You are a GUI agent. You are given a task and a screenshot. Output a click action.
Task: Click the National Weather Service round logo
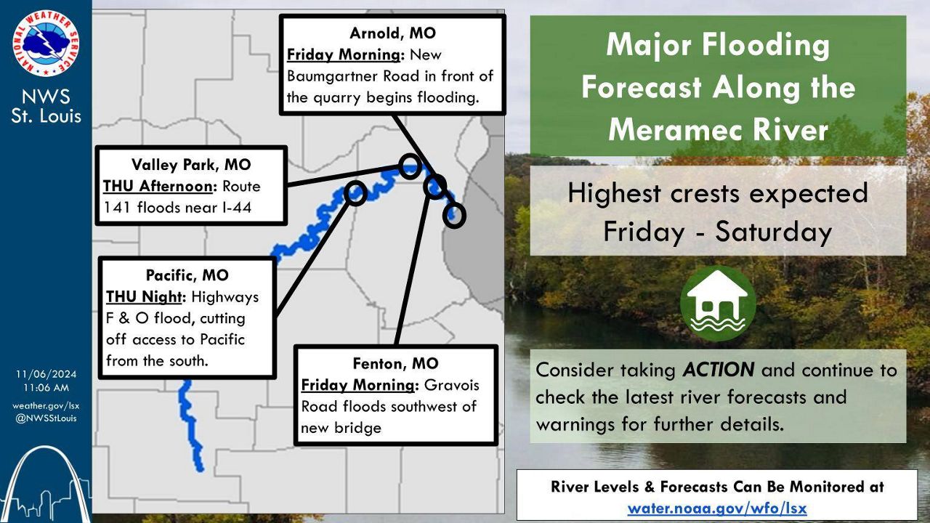click(x=46, y=46)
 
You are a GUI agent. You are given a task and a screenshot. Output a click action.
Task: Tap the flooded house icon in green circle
click(x=718, y=303)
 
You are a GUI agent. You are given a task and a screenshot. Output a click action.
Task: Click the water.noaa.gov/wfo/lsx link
click(x=716, y=508)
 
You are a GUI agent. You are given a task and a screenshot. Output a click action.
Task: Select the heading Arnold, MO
click(x=392, y=33)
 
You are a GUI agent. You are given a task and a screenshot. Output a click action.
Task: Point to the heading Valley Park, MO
click(x=191, y=164)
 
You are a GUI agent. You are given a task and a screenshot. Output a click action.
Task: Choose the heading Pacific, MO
click(x=187, y=275)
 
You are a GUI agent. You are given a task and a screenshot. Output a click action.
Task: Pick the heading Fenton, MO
click(x=395, y=363)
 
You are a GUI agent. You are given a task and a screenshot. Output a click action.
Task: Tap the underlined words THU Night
click(x=146, y=297)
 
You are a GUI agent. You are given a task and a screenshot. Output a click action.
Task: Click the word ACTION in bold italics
click(x=718, y=370)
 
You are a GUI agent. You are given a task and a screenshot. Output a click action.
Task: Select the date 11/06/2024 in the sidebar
click(x=46, y=374)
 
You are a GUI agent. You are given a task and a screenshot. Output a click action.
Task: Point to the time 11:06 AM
click(x=46, y=388)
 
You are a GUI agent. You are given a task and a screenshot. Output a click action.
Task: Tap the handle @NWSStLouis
click(x=46, y=418)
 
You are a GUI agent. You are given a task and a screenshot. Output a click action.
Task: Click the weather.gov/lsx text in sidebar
click(x=46, y=405)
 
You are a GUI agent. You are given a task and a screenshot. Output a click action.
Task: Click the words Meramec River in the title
click(x=718, y=130)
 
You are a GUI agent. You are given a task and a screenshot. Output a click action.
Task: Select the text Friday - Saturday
click(x=718, y=231)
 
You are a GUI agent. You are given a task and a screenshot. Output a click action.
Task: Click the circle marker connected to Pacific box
click(x=355, y=192)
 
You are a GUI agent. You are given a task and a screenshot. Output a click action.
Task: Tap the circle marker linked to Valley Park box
click(x=410, y=166)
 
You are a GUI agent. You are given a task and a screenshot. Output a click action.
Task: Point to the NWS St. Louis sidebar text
click(x=46, y=106)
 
